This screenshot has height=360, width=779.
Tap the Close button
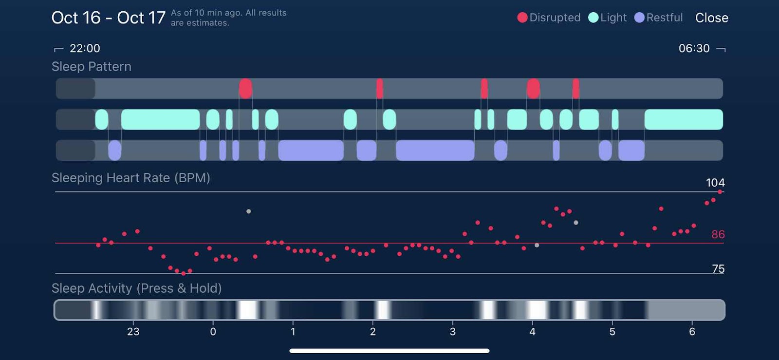[x=711, y=18]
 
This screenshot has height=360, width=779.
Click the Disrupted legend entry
[x=549, y=18]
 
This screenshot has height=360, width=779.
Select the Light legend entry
[x=608, y=18]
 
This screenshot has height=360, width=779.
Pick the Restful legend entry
[x=659, y=18]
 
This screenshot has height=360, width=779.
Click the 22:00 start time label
[x=85, y=48]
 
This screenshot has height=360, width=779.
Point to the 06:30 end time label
[x=694, y=48]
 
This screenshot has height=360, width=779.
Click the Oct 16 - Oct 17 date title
[x=109, y=18]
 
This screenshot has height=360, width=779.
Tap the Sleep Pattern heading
[x=92, y=67]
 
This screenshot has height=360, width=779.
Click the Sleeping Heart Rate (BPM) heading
[x=131, y=178]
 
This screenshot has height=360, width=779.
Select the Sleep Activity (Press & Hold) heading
[x=137, y=288]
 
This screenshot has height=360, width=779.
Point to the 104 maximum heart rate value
[x=715, y=183]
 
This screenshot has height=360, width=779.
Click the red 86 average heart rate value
[x=718, y=234]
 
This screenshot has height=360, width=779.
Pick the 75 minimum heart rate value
[x=718, y=269]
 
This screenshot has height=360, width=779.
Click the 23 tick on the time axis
[x=133, y=332]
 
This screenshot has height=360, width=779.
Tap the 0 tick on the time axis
[x=213, y=332]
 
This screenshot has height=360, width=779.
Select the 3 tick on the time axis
[x=452, y=332]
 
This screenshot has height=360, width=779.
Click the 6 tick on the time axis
[x=692, y=332]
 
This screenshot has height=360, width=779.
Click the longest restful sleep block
[x=435, y=151]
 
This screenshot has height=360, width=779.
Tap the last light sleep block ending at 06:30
[x=684, y=119]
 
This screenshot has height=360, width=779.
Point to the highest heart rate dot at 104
[x=720, y=192]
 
